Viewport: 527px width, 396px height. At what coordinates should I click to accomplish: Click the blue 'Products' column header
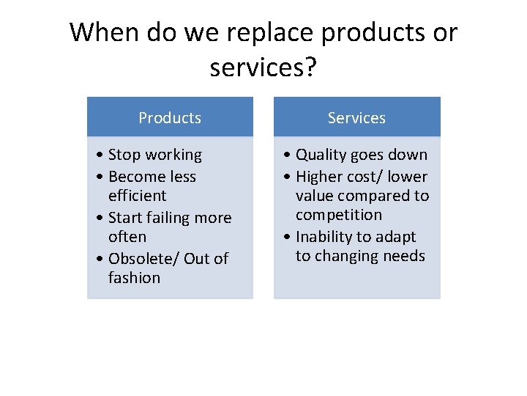pyautogui.click(x=170, y=117)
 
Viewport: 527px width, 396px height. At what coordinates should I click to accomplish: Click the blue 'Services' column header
pyautogui.click(x=356, y=117)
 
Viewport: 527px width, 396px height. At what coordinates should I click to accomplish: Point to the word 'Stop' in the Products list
pyautogui.click(x=124, y=155)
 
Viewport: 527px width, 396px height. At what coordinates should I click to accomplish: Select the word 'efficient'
pyautogui.click(x=137, y=196)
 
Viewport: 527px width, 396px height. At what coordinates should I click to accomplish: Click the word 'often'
pyautogui.click(x=127, y=237)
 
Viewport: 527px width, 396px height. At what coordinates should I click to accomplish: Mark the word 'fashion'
pyautogui.click(x=134, y=278)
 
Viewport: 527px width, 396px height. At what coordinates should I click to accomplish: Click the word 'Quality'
pyautogui.click(x=321, y=155)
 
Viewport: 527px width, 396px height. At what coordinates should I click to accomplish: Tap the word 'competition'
pyautogui.click(x=339, y=215)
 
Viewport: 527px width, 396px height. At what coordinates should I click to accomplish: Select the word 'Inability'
pyautogui.click(x=325, y=237)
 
